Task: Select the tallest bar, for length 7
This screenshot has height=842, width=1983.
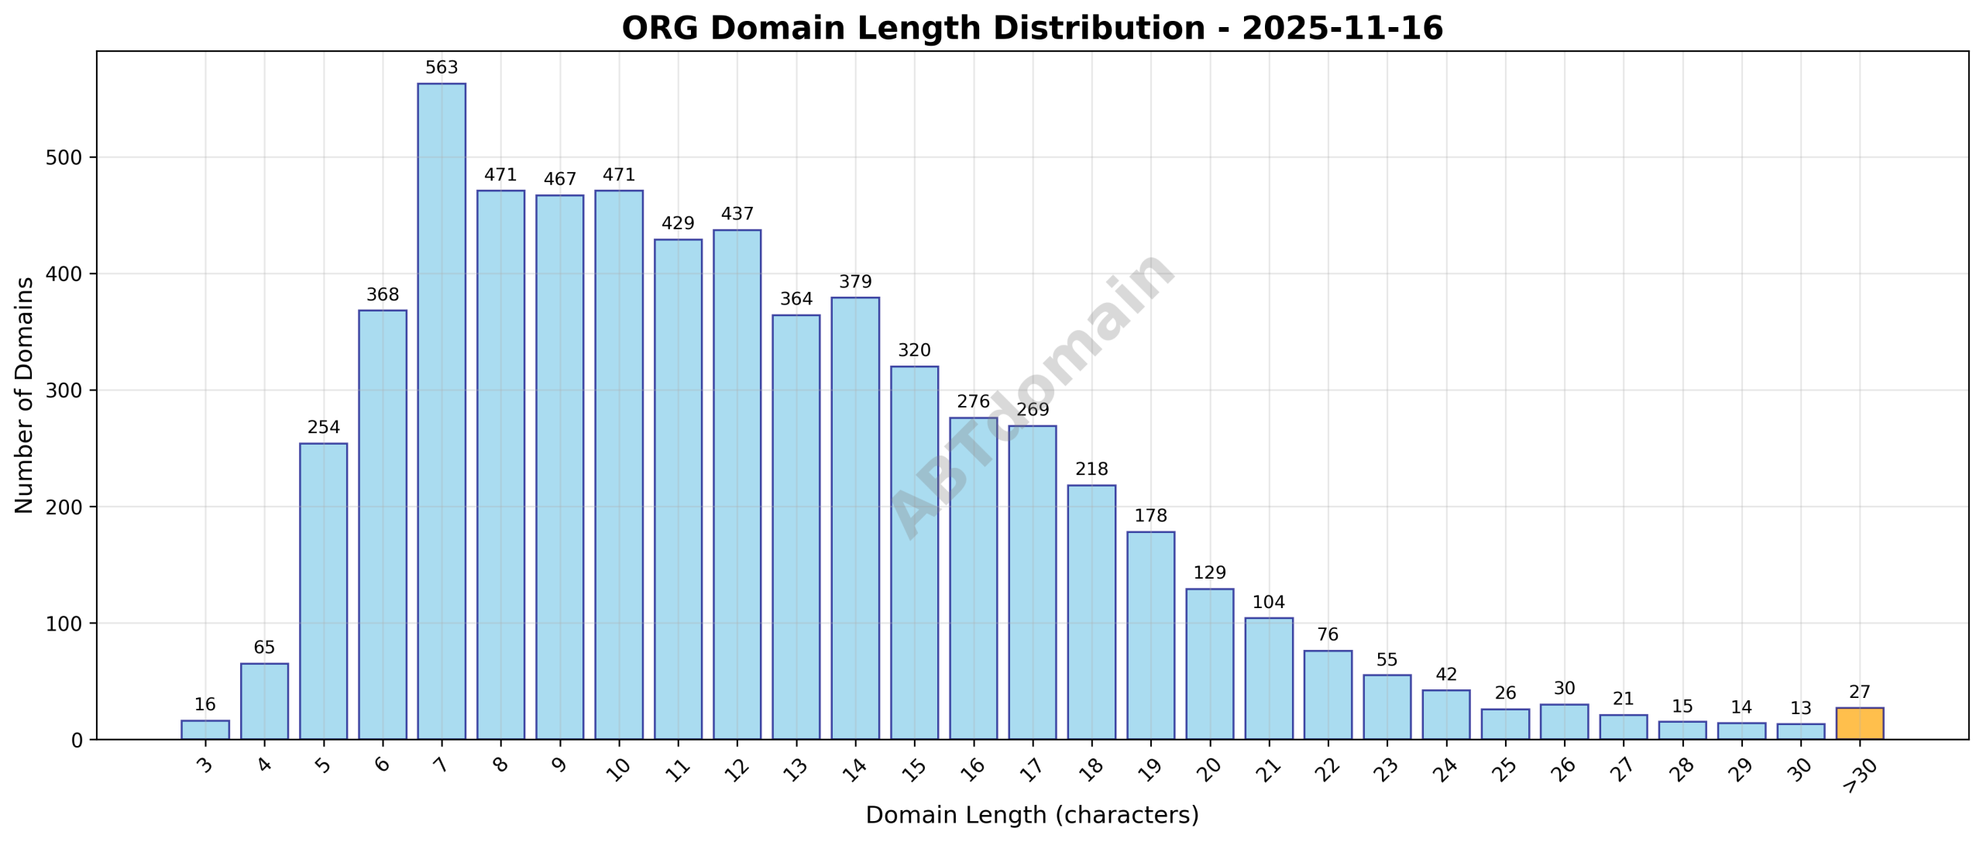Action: pyautogui.click(x=442, y=411)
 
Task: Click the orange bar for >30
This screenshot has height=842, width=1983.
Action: pyautogui.click(x=1859, y=723)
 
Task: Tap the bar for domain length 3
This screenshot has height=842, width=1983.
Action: pyautogui.click(x=205, y=730)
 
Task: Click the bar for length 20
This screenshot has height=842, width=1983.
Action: pyautogui.click(x=1209, y=664)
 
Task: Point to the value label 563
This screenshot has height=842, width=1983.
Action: pyautogui.click(x=442, y=67)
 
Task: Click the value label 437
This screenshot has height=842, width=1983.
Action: pyautogui.click(x=737, y=214)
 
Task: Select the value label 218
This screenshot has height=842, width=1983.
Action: pyautogui.click(x=1091, y=469)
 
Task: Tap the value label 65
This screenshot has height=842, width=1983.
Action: pyautogui.click(x=264, y=648)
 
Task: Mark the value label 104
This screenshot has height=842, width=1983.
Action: pyautogui.click(x=1269, y=603)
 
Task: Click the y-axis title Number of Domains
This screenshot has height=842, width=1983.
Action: pyautogui.click(x=25, y=395)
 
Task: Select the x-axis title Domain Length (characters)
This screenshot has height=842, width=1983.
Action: pyautogui.click(x=1032, y=815)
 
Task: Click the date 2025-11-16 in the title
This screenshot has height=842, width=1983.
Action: pyautogui.click(x=1342, y=29)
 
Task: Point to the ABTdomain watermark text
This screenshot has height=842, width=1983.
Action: pyautogui.click(x=1032, y=395)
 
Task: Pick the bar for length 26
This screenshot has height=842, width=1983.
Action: pyautogui.click(x=1564, y=722)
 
